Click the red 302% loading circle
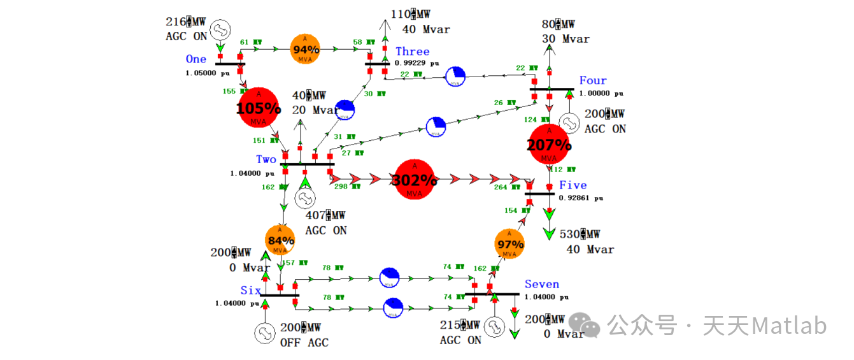pyautogui.click(x=415, y=179)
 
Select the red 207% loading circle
pyautogui.click(x=549, y=145)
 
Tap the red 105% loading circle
pyautogui.click(x=259, y=108)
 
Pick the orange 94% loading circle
pyautogui.click(x=306, y=48)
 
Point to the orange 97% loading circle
pyautogui.click(x=510, y=244)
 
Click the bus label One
pyautogui.click(x=196, y=59)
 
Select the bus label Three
pyautogui.click(x=412, y=52)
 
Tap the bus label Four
pyautogui.click(x=593, y=81)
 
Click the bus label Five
pyautogui.click(x=573, y=185)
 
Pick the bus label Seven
pyautogui.click(x=542, y=285)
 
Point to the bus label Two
pyautogui.click(x=266, y=159)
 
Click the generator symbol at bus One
pyautogui.click(x=220, y=28)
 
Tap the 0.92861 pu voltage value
pyautogui.click(x=580, y=198)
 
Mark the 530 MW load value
pyautogui.click(x=580, y=234)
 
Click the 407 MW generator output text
pyautogui.click(x=325, y=216)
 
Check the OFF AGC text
pyautogui.click(x=304, y=343)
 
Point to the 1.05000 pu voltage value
pyautogui.click(x=208, y=73)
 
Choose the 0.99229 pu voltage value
pyautogui.click(x=417, y=63)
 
